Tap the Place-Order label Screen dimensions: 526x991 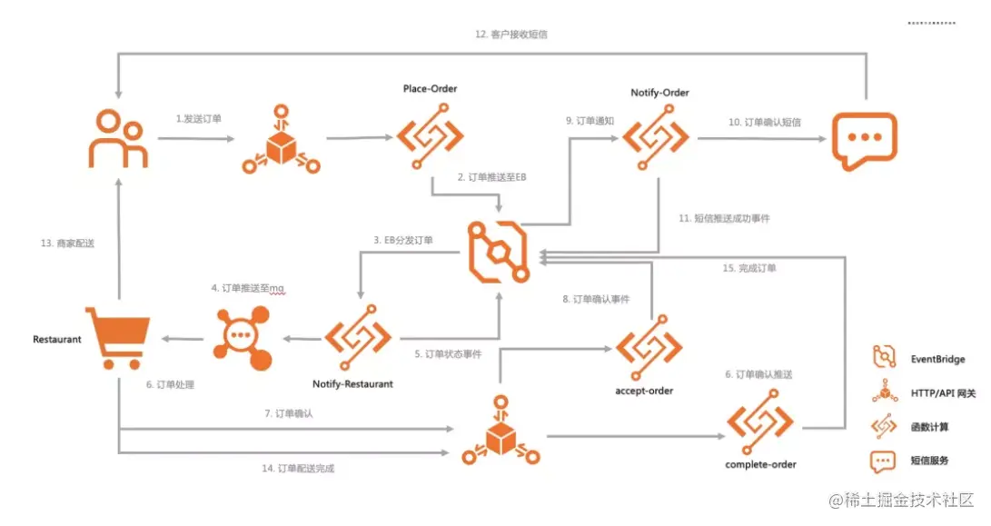(x=430, y=89)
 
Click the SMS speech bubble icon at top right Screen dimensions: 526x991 (x=863, y=140)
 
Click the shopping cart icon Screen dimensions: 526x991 (x=117, y=336)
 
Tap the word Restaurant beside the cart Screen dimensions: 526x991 (x=57, y=339)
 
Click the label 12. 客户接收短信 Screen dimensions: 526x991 (x=511, y=35)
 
